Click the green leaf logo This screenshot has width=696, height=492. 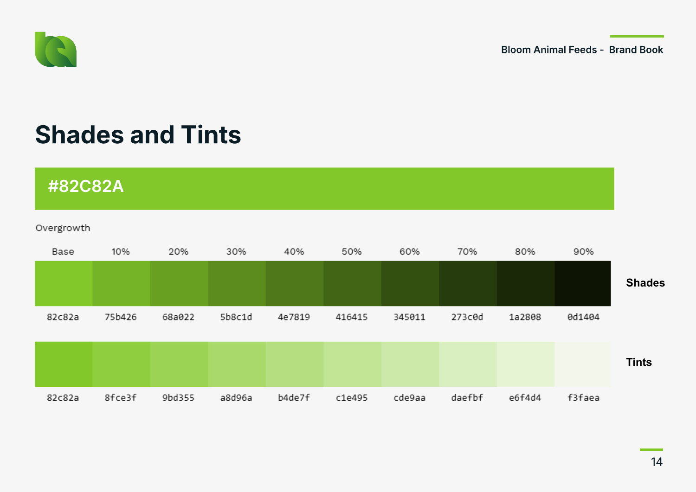click(56, 50)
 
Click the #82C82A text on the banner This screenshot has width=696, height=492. click(86, 186)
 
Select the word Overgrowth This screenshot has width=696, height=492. click(63, 228)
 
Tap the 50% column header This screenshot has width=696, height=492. click(352, 252)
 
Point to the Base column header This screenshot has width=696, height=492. click(63, 252)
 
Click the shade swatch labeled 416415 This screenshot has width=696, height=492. click(352, 283)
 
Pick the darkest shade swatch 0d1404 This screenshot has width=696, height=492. click(583, 283)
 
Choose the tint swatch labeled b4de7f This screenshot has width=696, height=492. click(295, 364)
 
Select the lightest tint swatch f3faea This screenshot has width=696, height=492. click(583, 364)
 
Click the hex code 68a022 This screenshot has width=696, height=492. click(178, 317)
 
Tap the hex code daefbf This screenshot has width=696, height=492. click(467, 398)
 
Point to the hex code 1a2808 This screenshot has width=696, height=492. click(525, 317)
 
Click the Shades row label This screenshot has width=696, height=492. click(645, 283)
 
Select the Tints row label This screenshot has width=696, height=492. click(639, 362)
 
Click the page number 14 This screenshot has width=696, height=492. click(657, 462)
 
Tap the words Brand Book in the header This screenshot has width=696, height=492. click(636, 50)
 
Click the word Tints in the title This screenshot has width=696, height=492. click(211, 135)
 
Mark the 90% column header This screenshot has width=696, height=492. click(583, 252)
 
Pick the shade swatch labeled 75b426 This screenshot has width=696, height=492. click(121, 283)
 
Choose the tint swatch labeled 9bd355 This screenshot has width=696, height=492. click(179, 364)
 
